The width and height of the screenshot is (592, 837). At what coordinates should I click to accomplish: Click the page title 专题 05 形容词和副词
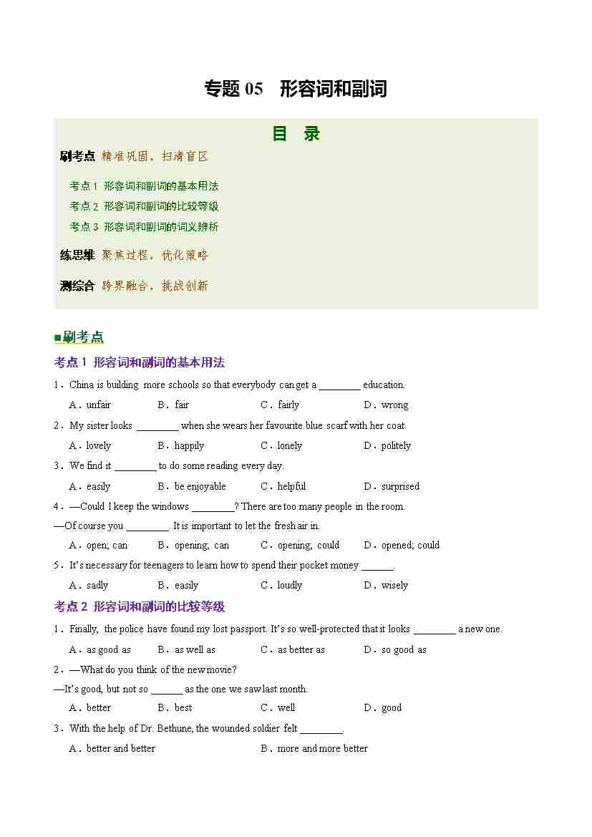click(x=295, y=89)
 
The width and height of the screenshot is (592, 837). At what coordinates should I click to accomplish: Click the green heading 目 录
click(x=296, y=134)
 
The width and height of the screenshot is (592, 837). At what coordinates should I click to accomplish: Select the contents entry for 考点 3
click(x=144, y=227)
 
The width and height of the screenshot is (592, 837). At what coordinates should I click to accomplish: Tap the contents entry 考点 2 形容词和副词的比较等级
click(x=144, y=206)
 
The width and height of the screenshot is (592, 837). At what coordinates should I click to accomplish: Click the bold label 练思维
click(x=77, y=255)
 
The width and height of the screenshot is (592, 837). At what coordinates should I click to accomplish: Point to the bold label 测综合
click(x=77, y=286)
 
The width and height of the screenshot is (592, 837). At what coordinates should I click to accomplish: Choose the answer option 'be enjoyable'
click(x=200, y=486)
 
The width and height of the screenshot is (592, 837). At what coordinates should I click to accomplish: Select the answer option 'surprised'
click(x=400, y=486)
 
